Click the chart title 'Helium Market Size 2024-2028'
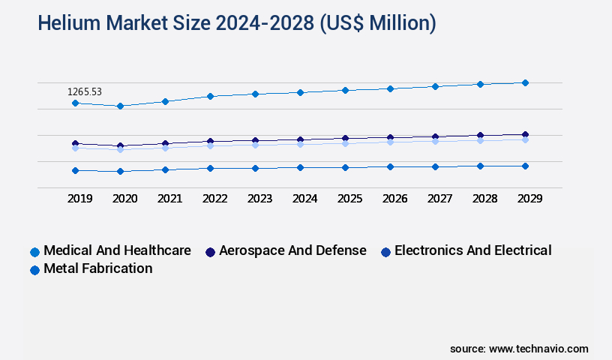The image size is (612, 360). [237, 23]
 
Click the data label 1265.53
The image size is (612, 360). [85, 91]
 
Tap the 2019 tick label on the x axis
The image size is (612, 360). [79, 199]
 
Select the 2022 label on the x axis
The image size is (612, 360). [214, 199]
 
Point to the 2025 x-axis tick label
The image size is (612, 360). [349, 199]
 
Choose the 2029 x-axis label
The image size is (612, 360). [529, 199]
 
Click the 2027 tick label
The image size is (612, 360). [439, 199]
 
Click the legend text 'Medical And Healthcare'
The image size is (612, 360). [117, 250]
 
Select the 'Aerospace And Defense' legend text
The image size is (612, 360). [292, 250]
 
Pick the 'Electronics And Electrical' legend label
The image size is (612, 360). [472, 250]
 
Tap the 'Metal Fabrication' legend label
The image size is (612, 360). [98, 268]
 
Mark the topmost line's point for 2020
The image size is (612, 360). [120, 106]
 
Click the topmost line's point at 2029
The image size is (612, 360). [525, 82]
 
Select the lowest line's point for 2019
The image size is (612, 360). [75, 170]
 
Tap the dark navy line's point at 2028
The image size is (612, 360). [480, 136]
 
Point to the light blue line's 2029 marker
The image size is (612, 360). [525, 139]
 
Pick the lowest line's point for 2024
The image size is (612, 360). [300, 167]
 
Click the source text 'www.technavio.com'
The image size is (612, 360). [538, 349]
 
